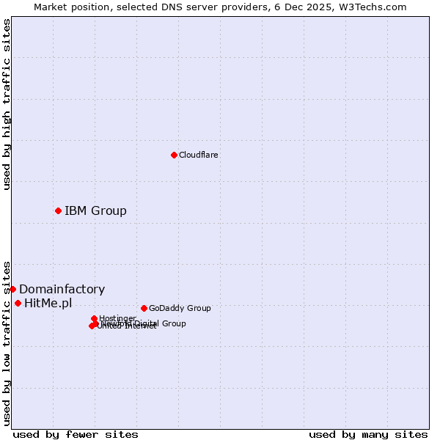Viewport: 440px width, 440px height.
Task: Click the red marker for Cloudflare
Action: click(x=174, y=155)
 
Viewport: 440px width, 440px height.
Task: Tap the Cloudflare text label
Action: click(x=198, y=155)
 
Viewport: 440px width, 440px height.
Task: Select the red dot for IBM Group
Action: click(x=58, y=210)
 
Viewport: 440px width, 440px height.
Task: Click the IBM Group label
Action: click(x=95, y=211)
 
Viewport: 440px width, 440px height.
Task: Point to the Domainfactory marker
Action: click(x=12, y=289)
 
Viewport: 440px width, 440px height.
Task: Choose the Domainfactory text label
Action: click(x=62, y=290)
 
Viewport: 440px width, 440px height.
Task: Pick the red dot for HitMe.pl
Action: click(x=18, y=303)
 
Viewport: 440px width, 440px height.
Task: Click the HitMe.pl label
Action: click(x=48, y=304)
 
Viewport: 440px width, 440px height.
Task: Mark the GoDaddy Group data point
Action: click(x=144, y=308)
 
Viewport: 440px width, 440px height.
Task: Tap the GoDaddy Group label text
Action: click(x=180, y=308)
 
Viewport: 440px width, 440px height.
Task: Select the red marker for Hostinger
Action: click(x=94, y=318)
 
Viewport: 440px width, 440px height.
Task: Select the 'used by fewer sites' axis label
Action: click(x=76, y=434)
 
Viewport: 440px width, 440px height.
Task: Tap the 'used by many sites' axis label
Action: click(x=368, y=434)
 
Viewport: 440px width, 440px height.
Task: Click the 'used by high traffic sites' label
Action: click(x=7, y=104)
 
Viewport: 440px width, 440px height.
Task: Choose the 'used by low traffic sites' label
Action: click(x=7, y=343)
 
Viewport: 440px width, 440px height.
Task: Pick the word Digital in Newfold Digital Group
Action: click(x=147, y=323)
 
